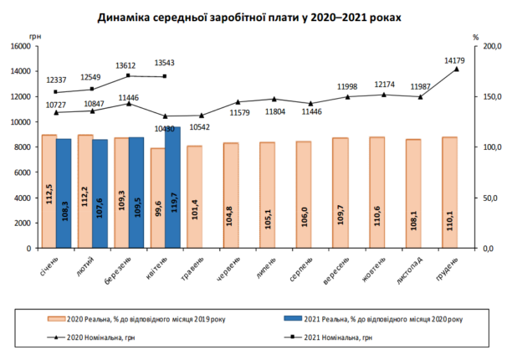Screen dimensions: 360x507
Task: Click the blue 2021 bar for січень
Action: (x=63, y=193)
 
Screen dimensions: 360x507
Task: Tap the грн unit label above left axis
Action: (x=33, y=37)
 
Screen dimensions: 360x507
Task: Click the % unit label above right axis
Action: (x=474, y=37)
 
